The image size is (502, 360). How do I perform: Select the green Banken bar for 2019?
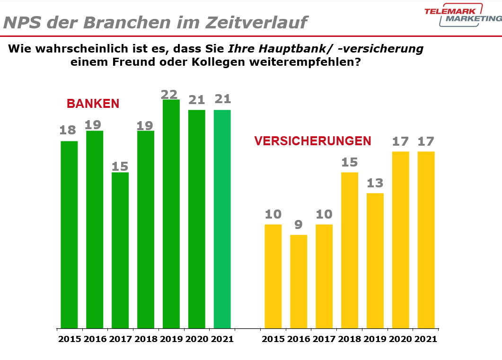171,213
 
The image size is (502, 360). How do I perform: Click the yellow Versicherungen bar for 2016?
299,281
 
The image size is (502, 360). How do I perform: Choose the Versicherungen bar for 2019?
375,260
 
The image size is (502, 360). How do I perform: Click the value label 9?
299,225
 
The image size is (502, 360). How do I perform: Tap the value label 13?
375,183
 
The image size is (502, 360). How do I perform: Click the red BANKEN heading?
93,104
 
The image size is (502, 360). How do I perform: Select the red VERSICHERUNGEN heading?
313,141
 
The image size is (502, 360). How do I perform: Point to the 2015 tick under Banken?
70,339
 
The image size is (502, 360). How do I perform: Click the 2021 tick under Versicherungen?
426,339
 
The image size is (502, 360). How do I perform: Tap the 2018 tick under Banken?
146,339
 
